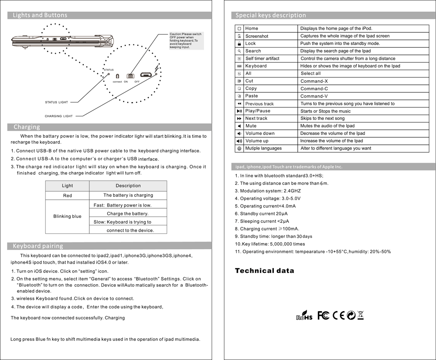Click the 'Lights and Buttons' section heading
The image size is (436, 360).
click(x=40, y=15)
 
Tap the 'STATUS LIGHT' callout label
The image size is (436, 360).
click(x=57, y=102)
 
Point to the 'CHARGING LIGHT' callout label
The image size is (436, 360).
click(x=59, y=116)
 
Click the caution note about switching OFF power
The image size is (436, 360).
click(x=186, y=41)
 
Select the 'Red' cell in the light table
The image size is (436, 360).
click(x=68, y=196)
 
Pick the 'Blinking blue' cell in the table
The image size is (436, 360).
click(x=68, y=217)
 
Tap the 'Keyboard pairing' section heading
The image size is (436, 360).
click(x=38, y=246)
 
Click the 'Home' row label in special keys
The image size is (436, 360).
click(x=252, y=29)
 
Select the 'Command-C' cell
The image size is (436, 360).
click(x=314, y=89)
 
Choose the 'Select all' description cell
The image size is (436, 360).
click(x=311, y=74)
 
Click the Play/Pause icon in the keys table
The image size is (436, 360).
click(x=239, y=111)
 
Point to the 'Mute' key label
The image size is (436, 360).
click(x=251, y=126)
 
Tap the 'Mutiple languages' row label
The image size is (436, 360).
click(x=263, y=149)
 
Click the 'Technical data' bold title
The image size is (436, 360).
click(x=265, y=271)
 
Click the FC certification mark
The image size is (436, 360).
click(x=324, y=315)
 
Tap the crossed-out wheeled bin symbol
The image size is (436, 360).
click(x=360, y=315)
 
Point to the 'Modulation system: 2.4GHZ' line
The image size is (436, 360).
click(x=268, y=191)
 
